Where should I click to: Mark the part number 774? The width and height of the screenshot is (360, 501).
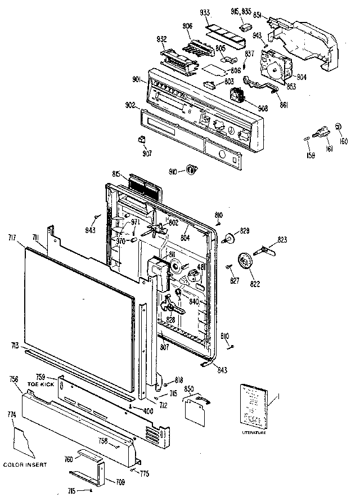12,414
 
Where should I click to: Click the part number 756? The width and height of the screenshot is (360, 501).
14,379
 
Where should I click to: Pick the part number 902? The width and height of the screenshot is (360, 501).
129,105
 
